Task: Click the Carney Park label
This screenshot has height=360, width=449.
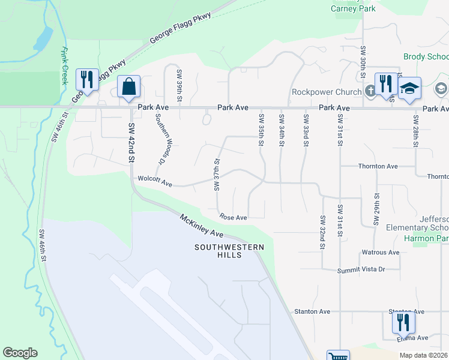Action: (x=353, y=8)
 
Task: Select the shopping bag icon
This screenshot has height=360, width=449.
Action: (x=129, y=87)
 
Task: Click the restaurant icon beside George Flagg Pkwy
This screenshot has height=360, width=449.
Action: (x=87, y=80)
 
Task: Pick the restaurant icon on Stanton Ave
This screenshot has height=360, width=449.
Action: (x=403, y=323)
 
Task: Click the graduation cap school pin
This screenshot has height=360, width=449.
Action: (x=409, y=88)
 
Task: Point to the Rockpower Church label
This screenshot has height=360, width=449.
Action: (x=327, y=92)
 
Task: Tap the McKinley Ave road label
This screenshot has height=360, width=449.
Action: (x=201, y=225)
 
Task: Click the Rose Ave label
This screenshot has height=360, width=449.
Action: (x=234, y=217)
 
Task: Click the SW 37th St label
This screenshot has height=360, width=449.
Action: (x=217, y=175)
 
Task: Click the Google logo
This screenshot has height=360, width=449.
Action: (x=20, y=353)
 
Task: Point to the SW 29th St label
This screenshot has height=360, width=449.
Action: (x=376, y=209)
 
